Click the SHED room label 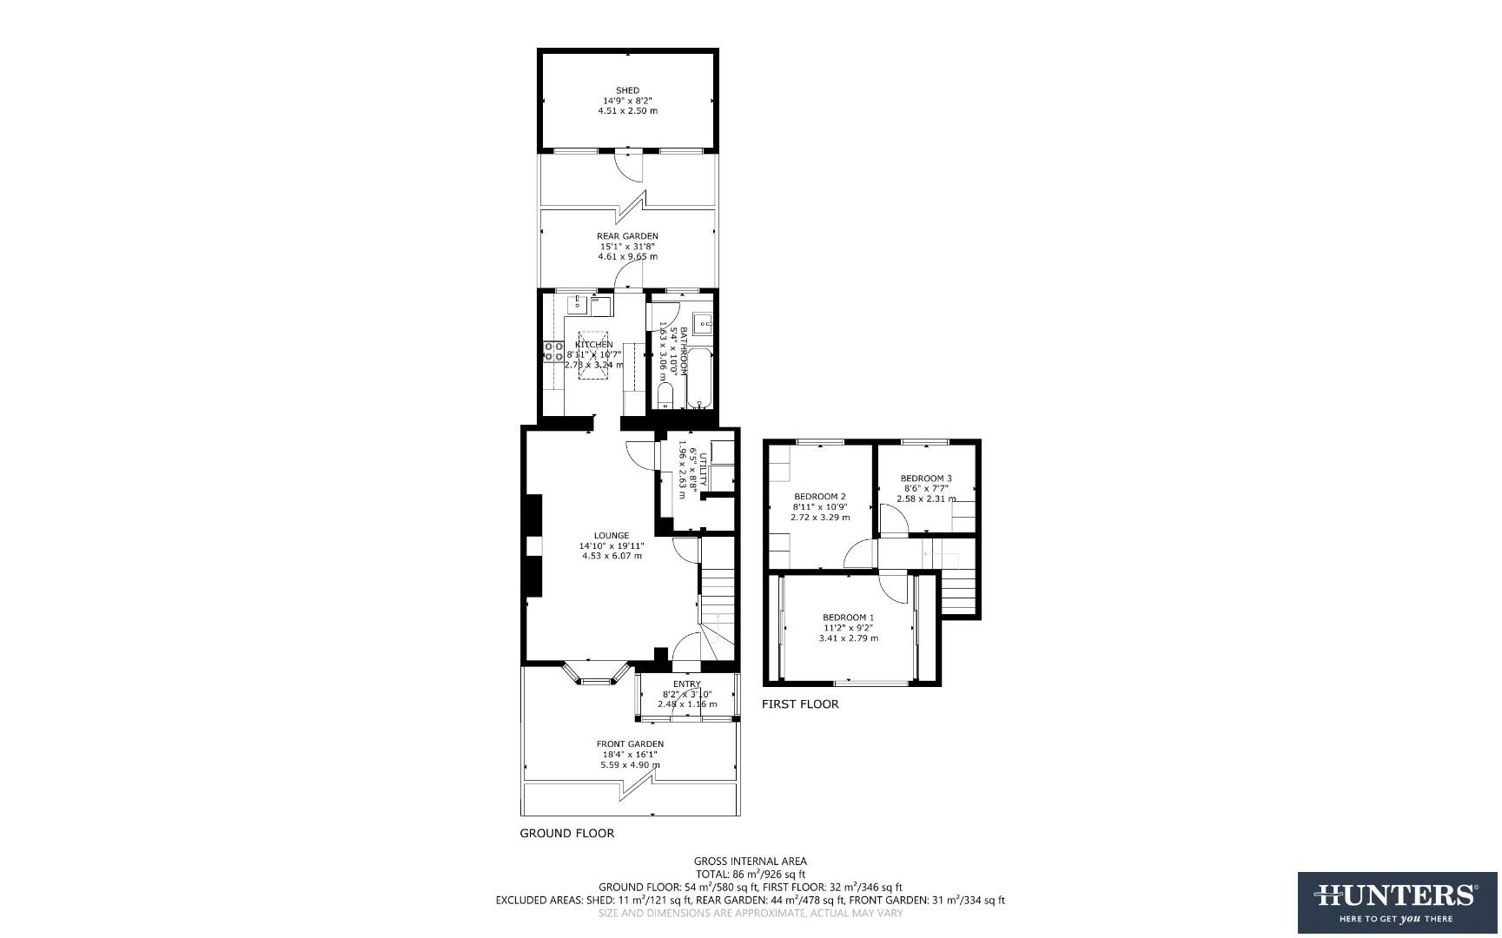(x=627, y=90)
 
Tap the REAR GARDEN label (x=627, y=236)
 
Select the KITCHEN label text (x=594, y=345)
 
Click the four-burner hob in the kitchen (x=553, y=351)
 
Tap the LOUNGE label (x=612, y=536)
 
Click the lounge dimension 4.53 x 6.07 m (x=612, y=556)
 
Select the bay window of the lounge (x=596, y=677)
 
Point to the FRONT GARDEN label (x=630, y=744)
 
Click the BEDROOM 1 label (x=848, y=618)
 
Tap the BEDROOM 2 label (x=820, y=497)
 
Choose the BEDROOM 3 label (x=925, y=479)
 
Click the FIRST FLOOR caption (x=800, y=704)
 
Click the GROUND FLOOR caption (x=566, y=834)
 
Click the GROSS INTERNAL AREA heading (x=750, y=862)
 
